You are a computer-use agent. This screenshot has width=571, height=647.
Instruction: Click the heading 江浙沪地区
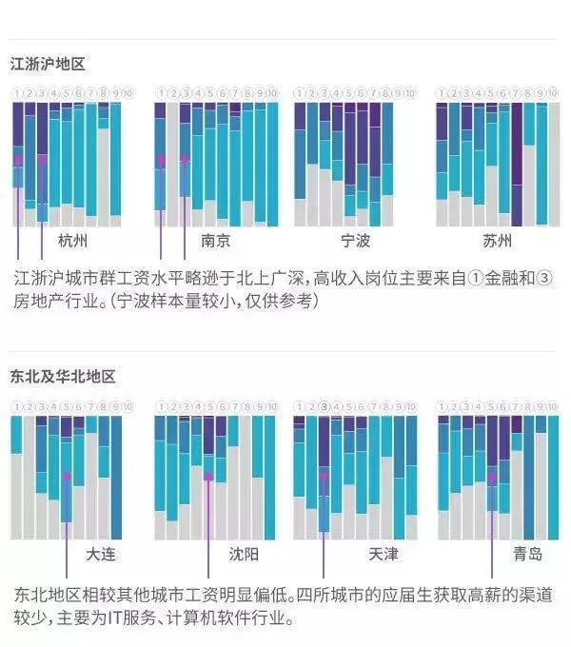click(48, 65)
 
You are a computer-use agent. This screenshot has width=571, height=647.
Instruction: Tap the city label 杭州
click(72, 240)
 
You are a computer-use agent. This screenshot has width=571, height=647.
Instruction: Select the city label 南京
click(216, 240)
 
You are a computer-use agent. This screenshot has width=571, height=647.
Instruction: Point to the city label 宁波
click(356, 240)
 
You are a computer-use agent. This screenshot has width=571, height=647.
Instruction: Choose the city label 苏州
click(497, 240)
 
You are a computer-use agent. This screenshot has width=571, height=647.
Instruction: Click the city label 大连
click(101, 554)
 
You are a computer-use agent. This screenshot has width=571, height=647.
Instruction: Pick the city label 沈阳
click(243, 554)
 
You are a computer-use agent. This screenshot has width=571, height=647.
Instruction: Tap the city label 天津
click(382, 554)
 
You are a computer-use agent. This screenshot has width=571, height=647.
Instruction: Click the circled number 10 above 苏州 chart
click(554, 93)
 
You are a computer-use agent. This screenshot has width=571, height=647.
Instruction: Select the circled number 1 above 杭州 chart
click(18, 93)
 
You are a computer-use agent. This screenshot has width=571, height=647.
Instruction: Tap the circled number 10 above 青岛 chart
click(554, 407)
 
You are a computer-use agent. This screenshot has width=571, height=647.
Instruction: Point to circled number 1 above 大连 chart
click(16, 407)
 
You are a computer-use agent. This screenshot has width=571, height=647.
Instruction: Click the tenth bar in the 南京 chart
click(272, 164)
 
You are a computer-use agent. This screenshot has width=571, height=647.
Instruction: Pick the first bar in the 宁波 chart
click(300, 164)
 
